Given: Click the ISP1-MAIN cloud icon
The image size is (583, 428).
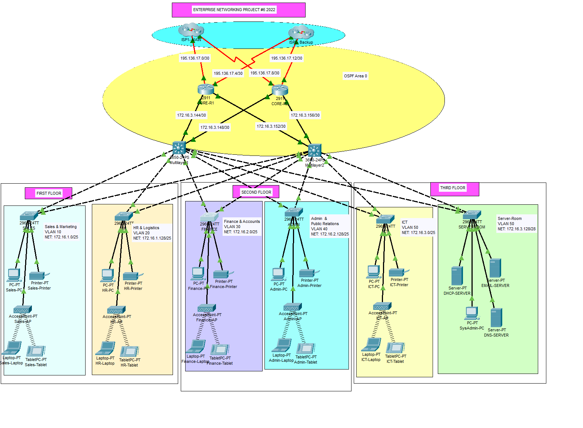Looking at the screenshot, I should [x=191, y=30].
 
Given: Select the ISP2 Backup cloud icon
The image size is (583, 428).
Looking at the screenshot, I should [x=301, y=33].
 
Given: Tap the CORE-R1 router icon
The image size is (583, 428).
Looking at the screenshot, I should [x=206, y=89].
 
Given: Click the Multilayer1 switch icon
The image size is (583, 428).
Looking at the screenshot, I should [x=179, y=148].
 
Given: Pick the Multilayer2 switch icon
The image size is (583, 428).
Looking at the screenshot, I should [x=314, y=151].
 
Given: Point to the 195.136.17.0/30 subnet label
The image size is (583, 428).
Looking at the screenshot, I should [x=195, y=58].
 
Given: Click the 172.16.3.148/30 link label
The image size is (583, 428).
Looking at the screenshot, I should [x=215, y=127].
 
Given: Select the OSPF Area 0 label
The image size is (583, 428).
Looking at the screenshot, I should [x=356, y=76].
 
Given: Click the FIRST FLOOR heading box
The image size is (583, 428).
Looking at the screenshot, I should [x=49, y=193].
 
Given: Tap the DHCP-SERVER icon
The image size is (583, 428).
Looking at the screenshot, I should [x=457, y=276].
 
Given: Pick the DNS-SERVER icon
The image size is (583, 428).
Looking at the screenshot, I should [x=496, y=318].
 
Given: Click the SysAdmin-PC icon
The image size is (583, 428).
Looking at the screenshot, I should [x=472, y=313].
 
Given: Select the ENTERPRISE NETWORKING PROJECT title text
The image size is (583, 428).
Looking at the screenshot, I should [x=234, y=10].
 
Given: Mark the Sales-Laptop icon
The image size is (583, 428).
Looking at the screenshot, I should [x=12, y=348].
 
